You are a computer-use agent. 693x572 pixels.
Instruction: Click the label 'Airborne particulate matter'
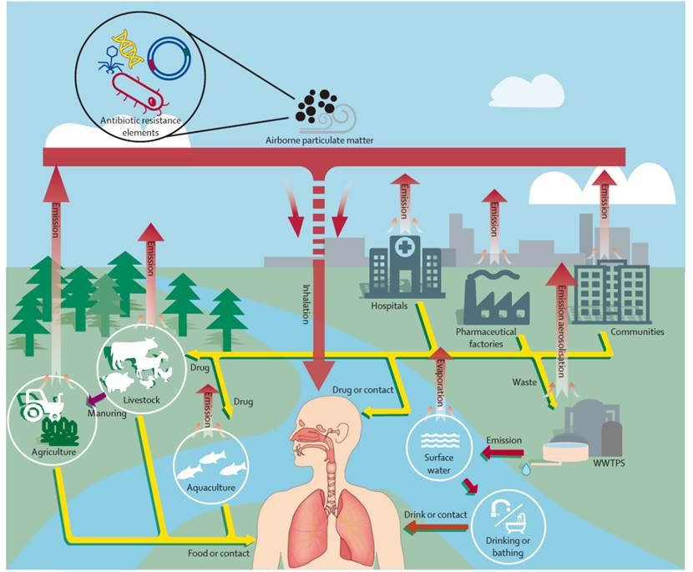[320, 141]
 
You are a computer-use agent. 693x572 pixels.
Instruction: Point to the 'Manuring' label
[106, 412]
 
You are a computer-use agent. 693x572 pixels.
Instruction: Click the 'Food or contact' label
[219, 552]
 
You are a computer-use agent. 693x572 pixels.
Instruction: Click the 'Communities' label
[637, 332]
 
